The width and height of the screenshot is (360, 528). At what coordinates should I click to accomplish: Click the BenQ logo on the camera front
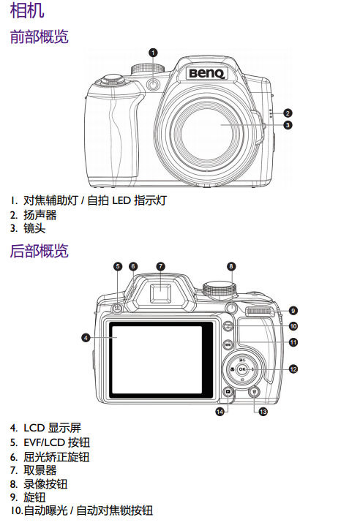[206, 73]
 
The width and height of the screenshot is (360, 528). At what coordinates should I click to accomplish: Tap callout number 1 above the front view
[153, 53]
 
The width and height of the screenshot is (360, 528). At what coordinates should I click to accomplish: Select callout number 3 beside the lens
[288, 125]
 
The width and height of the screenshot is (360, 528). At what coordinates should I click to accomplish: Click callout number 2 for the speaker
[288, 113]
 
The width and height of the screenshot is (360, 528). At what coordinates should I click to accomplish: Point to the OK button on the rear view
[242, 369]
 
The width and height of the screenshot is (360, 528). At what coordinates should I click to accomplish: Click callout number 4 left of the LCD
[86, 337]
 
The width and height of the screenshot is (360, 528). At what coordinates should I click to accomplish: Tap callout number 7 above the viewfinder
[161, 266]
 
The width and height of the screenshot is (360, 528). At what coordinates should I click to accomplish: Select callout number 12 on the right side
[293, 369]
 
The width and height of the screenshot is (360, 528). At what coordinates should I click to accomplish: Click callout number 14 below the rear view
[220, 412]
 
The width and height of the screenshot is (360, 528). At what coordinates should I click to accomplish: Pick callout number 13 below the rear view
[263, 412]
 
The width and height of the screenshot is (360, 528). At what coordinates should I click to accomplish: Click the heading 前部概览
[39, 37]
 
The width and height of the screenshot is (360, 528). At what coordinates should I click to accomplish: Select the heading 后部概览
[39, 251]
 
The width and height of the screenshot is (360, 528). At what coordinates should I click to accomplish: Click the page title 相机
[27, 10]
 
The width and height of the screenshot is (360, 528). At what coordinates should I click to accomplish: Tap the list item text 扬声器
[40, 215]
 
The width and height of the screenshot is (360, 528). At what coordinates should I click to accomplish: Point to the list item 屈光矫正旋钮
[56, 457]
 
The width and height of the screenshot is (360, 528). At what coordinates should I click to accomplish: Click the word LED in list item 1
[121, 200]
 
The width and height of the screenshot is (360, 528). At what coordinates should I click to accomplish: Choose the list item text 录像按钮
[45, 484]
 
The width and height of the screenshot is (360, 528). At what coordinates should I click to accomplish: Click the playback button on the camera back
[228, 392]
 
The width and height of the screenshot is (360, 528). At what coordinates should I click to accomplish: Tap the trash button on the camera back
[254, 392]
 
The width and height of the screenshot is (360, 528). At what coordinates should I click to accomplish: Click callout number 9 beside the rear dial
[293, 311]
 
